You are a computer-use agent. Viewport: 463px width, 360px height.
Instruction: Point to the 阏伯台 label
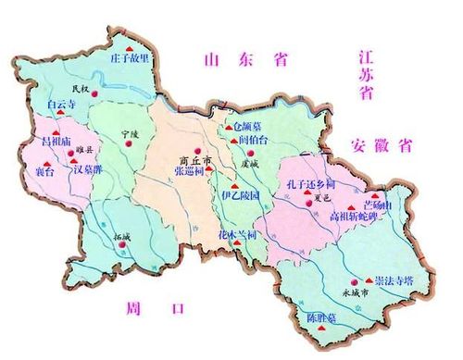pos(254,140)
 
